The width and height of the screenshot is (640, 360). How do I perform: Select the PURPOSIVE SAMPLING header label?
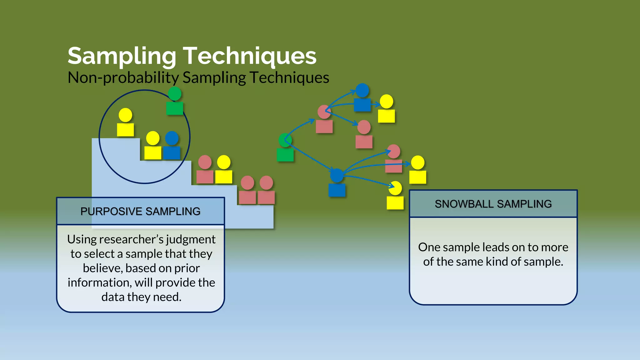[140, 211]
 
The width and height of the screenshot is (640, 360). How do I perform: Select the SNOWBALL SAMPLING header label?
[493, 204]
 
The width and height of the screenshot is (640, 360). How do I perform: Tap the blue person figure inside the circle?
[172, 146]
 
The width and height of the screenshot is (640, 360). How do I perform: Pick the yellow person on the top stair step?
[125, 123]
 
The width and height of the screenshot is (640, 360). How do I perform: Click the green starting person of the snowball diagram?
[285, 148]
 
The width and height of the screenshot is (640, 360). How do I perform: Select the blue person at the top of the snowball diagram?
[362, 98]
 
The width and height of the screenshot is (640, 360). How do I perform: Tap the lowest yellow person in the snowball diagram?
[395, 196]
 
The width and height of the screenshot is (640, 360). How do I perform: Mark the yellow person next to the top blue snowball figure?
[386, 109]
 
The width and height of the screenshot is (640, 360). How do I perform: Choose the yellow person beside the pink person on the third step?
[224, 170]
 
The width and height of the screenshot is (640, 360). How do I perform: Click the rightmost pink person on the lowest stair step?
[266, 191]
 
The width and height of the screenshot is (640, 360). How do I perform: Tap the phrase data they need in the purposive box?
[141, 297]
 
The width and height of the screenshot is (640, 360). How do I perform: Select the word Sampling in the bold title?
[122, 57]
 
